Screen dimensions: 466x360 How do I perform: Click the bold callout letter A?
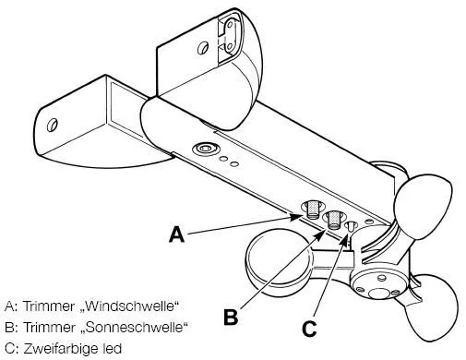coord(177,234)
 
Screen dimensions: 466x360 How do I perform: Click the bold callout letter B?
coord(231,317)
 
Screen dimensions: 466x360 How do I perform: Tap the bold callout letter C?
coord(309,329)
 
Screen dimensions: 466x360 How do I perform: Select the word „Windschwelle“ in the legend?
coord(130,306)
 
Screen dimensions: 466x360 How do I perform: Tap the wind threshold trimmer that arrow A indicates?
coord(313,210)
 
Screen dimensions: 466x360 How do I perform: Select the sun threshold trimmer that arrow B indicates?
coord(333,220)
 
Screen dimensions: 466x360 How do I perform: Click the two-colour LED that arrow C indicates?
coord(351,227)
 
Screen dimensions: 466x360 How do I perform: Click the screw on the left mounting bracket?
coord(53,125)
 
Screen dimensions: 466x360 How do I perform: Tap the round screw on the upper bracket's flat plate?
coord(203,48)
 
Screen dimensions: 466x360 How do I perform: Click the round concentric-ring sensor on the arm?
coord(206,149)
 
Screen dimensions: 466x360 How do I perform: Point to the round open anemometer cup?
coord(278,261)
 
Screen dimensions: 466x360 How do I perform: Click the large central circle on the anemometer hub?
coord(379,294)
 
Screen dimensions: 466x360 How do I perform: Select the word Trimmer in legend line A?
coord(49,306)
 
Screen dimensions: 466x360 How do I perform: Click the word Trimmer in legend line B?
coord(49,327)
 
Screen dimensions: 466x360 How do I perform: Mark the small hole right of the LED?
coord(369,221)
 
